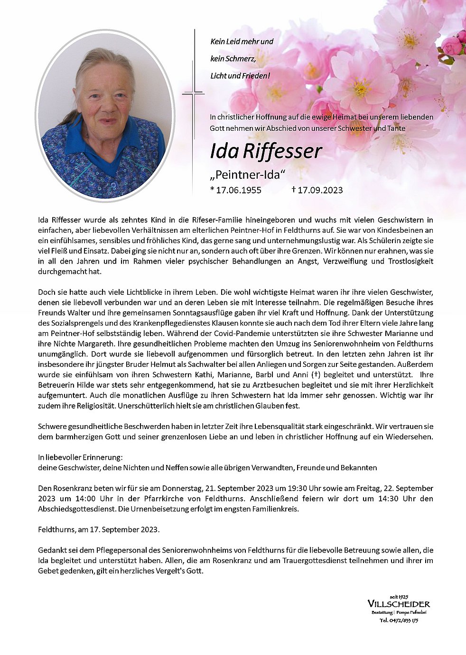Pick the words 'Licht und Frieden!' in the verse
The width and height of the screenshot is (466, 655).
point(240,76)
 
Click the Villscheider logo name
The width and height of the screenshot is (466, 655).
point(399,604)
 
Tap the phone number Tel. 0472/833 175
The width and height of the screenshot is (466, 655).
point(399,620)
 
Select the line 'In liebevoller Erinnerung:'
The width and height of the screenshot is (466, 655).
point(80,457)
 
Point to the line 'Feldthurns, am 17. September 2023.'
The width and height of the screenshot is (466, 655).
point(99,530)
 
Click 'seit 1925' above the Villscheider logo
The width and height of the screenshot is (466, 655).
point(399,596)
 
